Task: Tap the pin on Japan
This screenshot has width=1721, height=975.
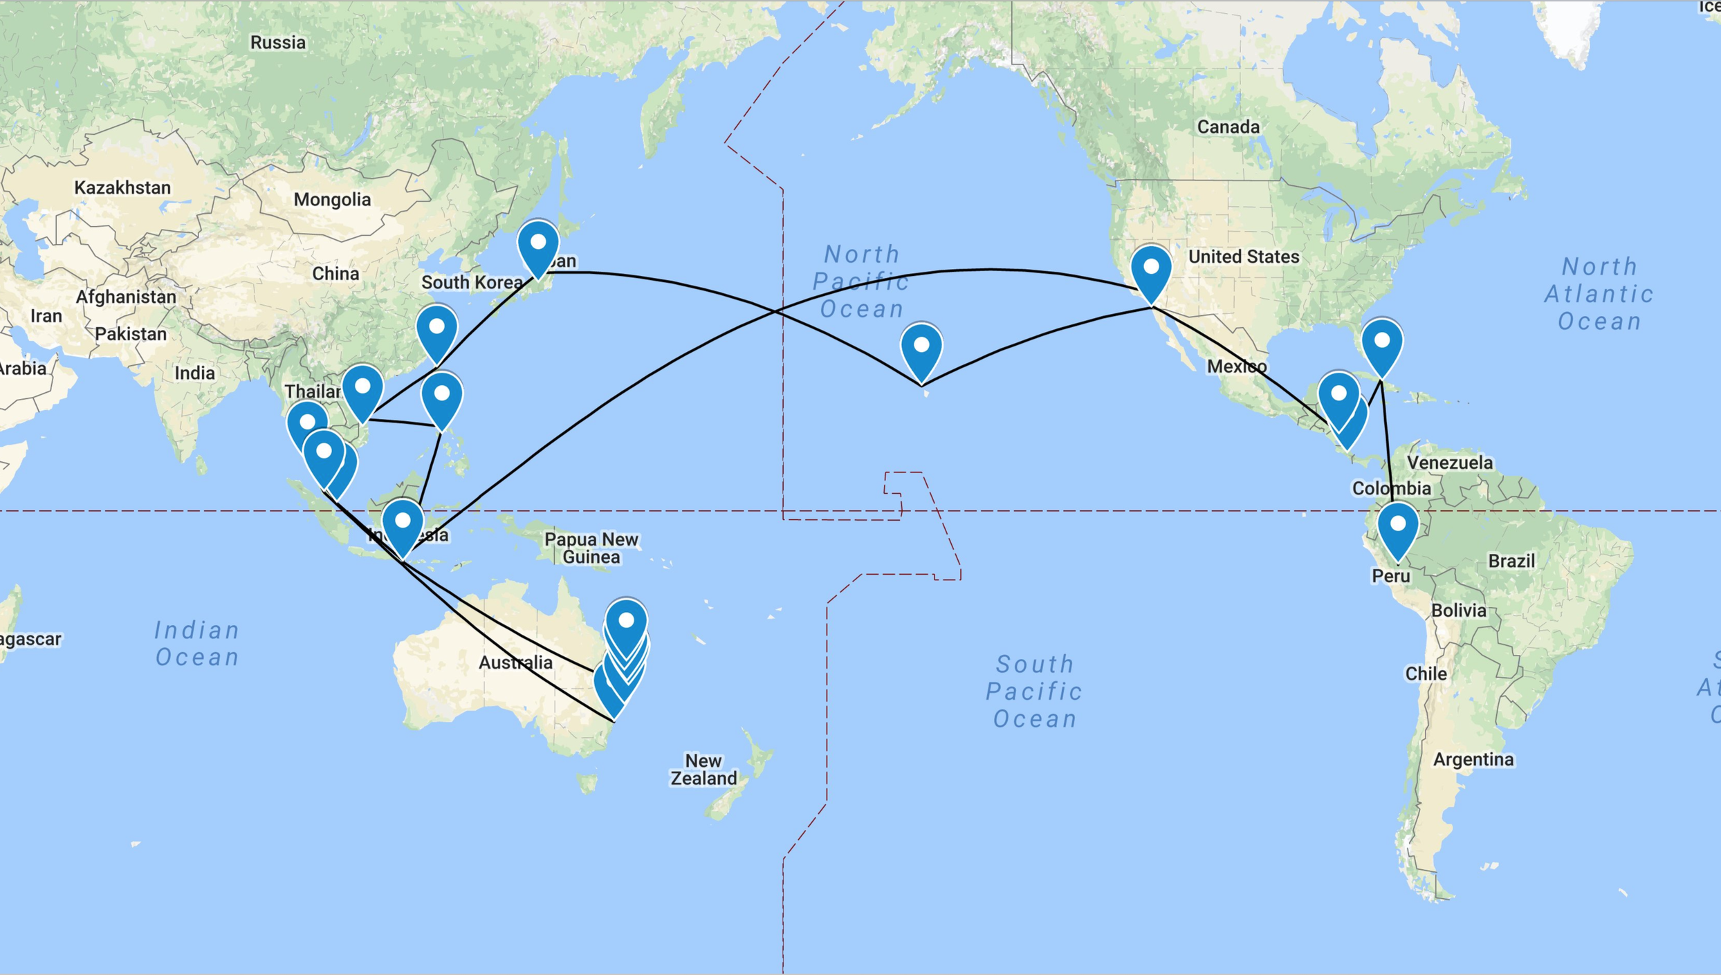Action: pos(538,246)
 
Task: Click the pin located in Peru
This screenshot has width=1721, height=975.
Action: pos(1397,528)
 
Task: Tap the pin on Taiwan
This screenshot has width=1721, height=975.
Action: pos(436,330)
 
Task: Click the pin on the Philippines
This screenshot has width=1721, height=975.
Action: pos(442,398)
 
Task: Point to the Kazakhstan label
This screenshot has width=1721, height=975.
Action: pos(122,188)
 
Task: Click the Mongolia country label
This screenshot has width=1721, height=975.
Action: pos(332,200)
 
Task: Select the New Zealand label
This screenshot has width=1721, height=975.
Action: pos(703,770)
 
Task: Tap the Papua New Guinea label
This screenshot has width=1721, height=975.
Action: pos(591,548)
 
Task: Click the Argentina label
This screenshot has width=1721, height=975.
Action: pos(1473,760)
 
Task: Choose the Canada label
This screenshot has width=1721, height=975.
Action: pos(1228,127)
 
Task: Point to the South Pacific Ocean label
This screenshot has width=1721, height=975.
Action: pos(1034,691)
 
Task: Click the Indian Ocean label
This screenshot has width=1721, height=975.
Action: pos(197,643)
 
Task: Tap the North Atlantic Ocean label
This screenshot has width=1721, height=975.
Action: pos(1599,294)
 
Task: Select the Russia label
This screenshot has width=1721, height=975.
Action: pos(277,43)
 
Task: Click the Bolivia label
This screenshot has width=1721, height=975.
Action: pos(1458,611)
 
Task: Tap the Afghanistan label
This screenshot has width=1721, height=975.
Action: pos(126,297)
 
